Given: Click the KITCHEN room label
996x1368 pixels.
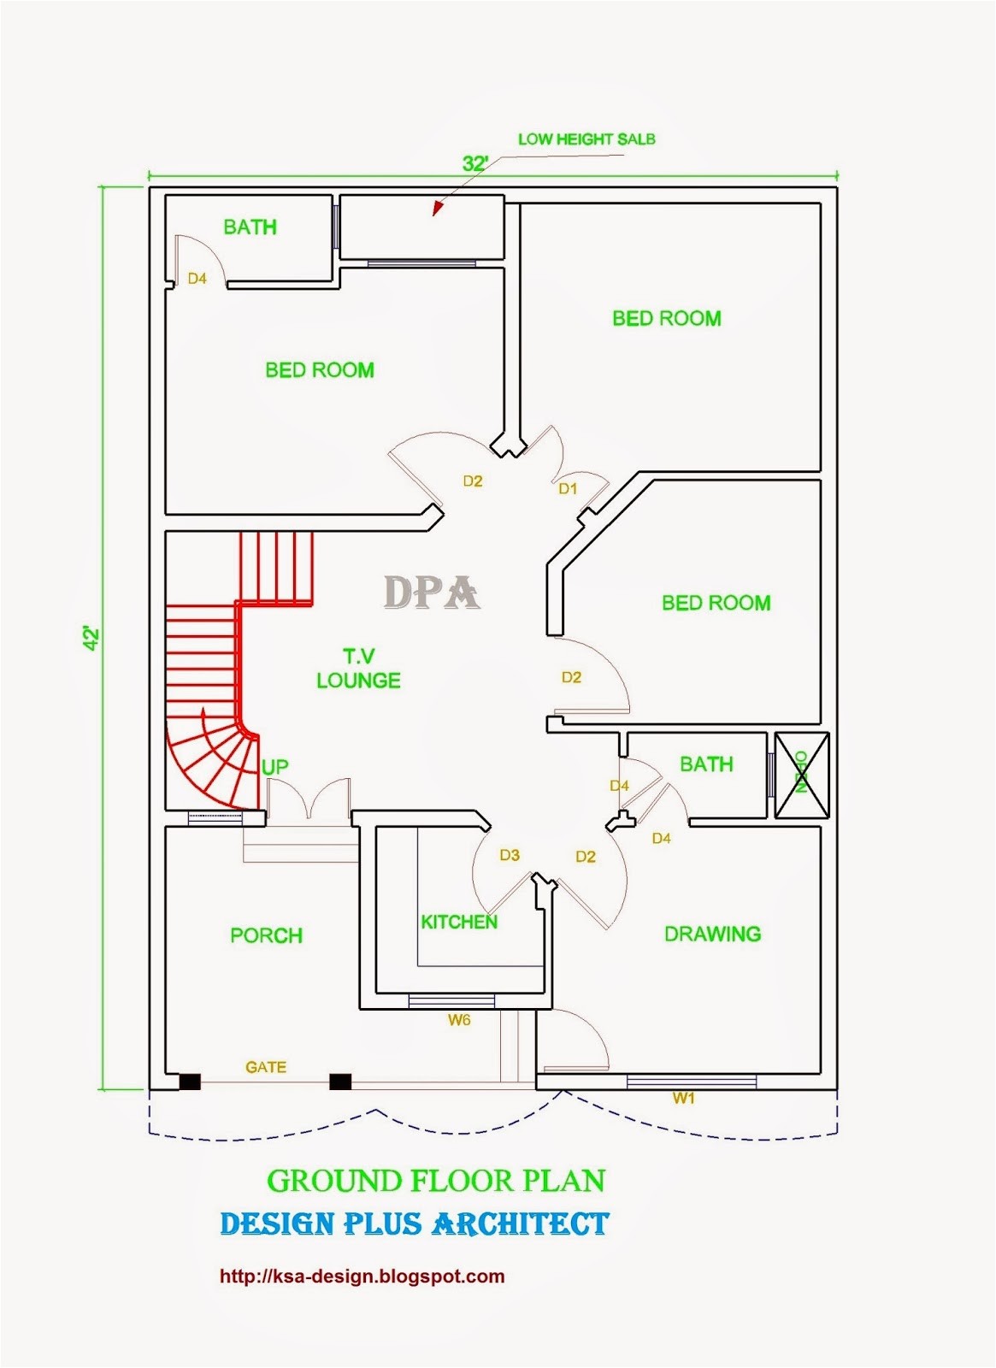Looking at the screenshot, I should click(x=458, y=922).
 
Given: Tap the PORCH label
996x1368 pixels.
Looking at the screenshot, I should click(x=266, y=935).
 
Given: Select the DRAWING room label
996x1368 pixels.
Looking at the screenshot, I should click(x=712, y=934).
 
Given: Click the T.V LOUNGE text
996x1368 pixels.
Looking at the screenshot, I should click(x=358, y=669).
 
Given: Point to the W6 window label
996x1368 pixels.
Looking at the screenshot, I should click(x=459, y=1020).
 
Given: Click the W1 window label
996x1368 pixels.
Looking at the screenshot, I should click(x=684, y=1099).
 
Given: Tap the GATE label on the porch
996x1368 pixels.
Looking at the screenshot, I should click(x=266, y=1067).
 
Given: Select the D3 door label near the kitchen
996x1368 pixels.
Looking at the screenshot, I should click(x=510, y=855).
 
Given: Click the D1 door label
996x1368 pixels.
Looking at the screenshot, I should click(x=568, y=489).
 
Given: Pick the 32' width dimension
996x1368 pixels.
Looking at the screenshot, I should click(x=475, y=163).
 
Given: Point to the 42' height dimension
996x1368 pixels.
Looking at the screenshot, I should click(x=91, y=639).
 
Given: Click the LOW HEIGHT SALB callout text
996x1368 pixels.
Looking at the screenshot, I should click(x=586, y=139).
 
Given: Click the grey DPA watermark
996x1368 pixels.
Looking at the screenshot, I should click(x=431, y=593).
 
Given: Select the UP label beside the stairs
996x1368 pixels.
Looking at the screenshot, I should click(x=274, y=767).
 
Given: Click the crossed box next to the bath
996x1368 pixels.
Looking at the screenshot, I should click(x=802, y=775).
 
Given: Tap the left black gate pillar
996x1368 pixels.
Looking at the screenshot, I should click(x=190, y=1082).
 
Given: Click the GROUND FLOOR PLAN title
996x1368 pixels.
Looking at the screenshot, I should click(x=436, y=1181).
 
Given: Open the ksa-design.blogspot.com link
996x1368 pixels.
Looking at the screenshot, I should click(x=362, y=1277).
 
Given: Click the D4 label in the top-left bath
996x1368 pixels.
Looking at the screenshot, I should click(x=197, y=279).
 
